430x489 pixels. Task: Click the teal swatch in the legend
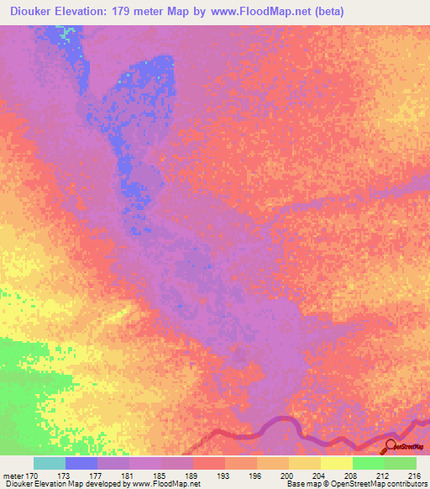[50, 463]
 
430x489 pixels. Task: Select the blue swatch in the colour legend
[81, 463]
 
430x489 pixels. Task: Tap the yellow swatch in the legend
[337, 463]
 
